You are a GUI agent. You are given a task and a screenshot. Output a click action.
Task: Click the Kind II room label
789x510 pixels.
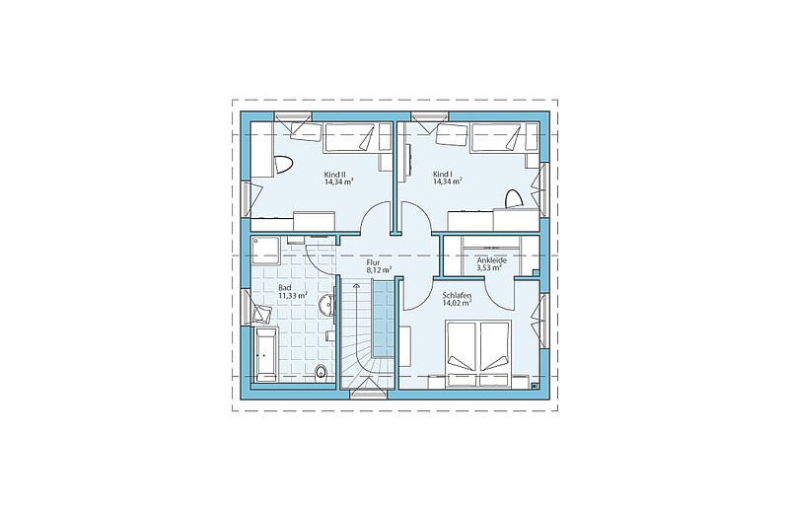point(334,175)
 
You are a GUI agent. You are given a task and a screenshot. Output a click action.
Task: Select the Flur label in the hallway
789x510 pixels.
point(373,262)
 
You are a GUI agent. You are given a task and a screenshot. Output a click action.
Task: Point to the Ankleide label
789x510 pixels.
point(491,260)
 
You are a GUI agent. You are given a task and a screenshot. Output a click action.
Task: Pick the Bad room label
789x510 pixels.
point(285,288)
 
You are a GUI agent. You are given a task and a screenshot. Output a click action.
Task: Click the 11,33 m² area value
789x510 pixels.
point(293,296)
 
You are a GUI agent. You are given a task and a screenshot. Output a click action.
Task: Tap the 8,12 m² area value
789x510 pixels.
point(380,270)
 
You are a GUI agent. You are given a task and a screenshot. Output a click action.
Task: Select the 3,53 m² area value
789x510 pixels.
point(489,268)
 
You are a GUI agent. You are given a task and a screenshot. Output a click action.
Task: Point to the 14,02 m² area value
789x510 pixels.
point(457,303)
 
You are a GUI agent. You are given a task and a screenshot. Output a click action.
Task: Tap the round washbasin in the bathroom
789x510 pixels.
point(326,305)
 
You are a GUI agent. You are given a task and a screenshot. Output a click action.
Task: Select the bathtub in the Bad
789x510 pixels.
point(265,354)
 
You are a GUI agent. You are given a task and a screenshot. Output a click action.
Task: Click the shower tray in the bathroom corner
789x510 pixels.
point(264,251)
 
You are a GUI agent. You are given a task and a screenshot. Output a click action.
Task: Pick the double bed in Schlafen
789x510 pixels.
point(478,354)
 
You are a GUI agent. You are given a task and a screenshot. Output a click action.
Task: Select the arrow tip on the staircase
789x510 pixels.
point(357,284)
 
